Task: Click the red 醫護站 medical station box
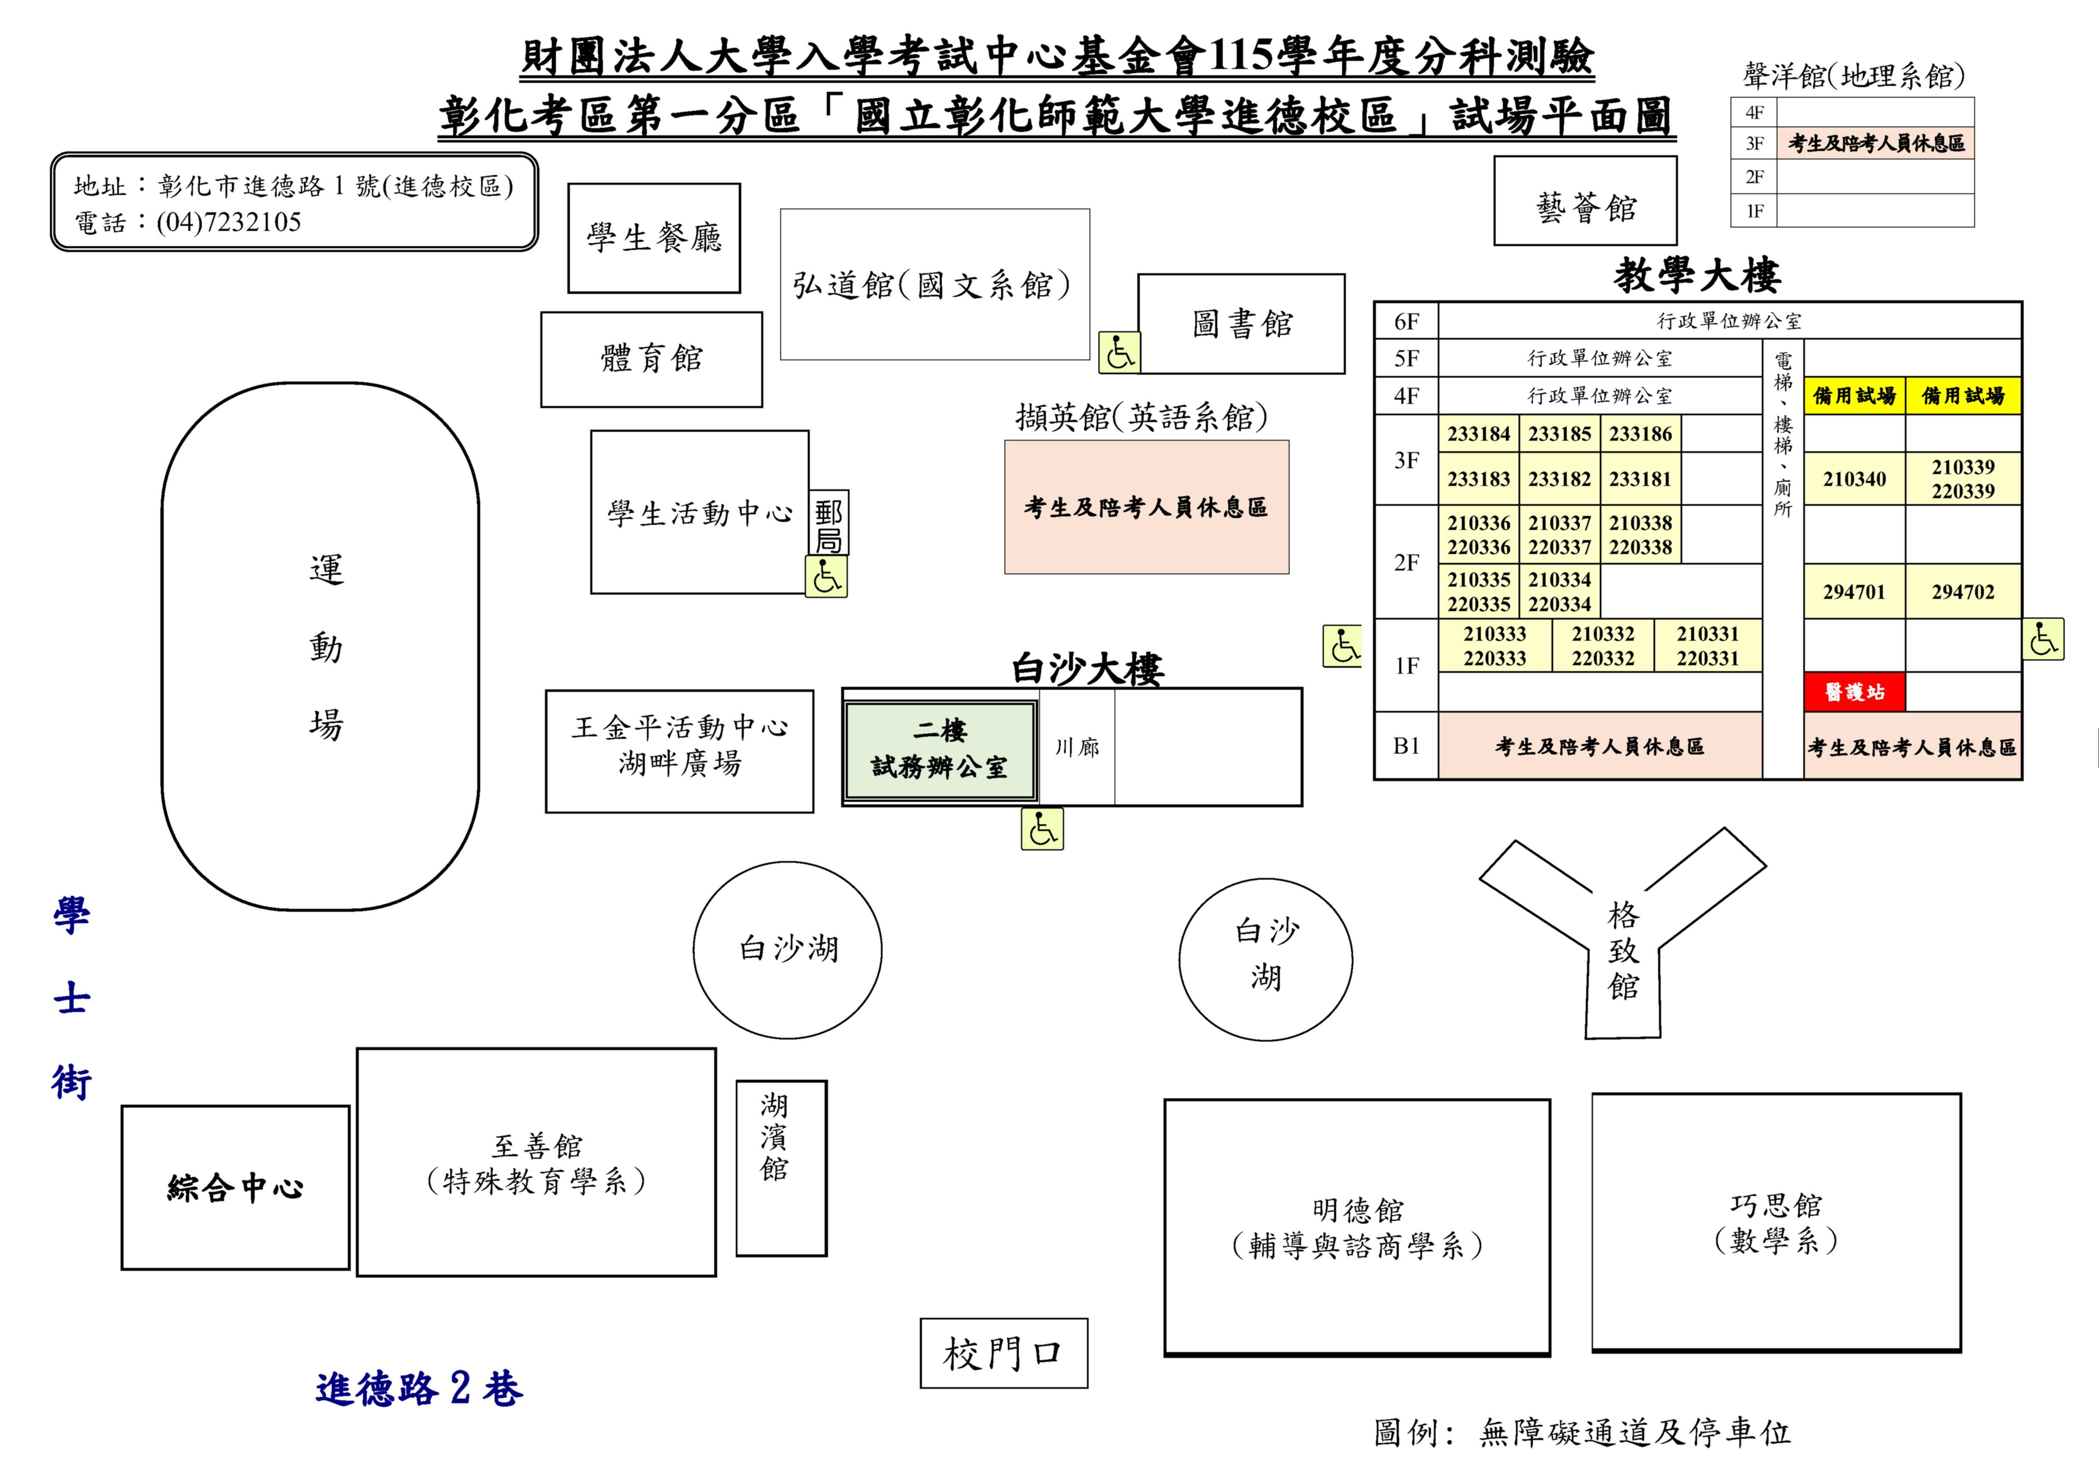1854,692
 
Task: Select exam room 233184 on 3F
1478,434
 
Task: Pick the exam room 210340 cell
1854,479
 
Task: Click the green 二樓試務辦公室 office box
940,749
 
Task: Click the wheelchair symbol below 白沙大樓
1042,829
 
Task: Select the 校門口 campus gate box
1004,1353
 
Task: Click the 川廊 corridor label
1077,747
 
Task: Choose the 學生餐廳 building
654,239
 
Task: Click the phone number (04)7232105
228,222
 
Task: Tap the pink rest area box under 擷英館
1147,507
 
